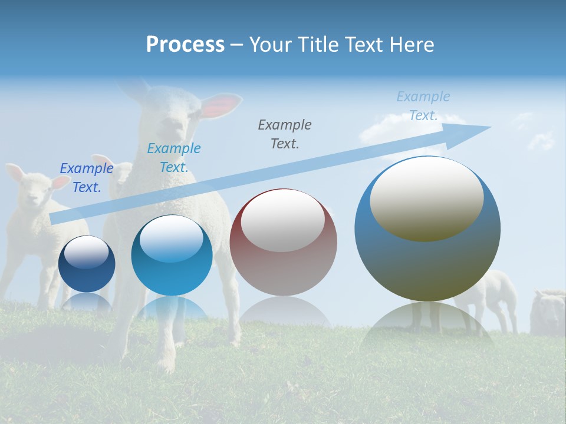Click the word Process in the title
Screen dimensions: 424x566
point(185,45)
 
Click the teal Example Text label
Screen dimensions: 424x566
point(174,158)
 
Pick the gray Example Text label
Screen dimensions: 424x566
point(285,134)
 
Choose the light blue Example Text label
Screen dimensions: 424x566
point(423,106)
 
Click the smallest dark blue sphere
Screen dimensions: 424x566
point(87,264)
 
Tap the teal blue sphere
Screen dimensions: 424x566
point(172,256)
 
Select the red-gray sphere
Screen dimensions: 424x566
point(284,243)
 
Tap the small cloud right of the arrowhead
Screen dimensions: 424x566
point(541,140)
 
